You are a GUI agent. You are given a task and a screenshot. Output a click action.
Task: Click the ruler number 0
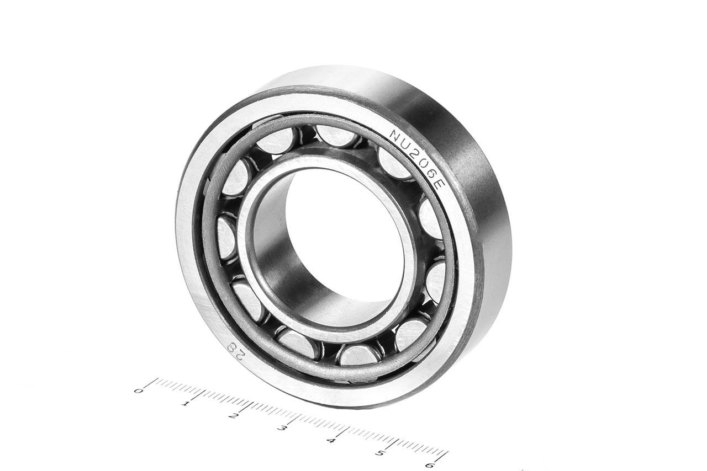coord(138,391)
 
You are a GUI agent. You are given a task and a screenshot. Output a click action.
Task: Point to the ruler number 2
coord(234,416)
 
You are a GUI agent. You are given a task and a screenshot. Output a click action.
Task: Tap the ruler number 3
coord(282,428)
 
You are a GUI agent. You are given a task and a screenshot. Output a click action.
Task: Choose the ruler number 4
coord(331,440)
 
